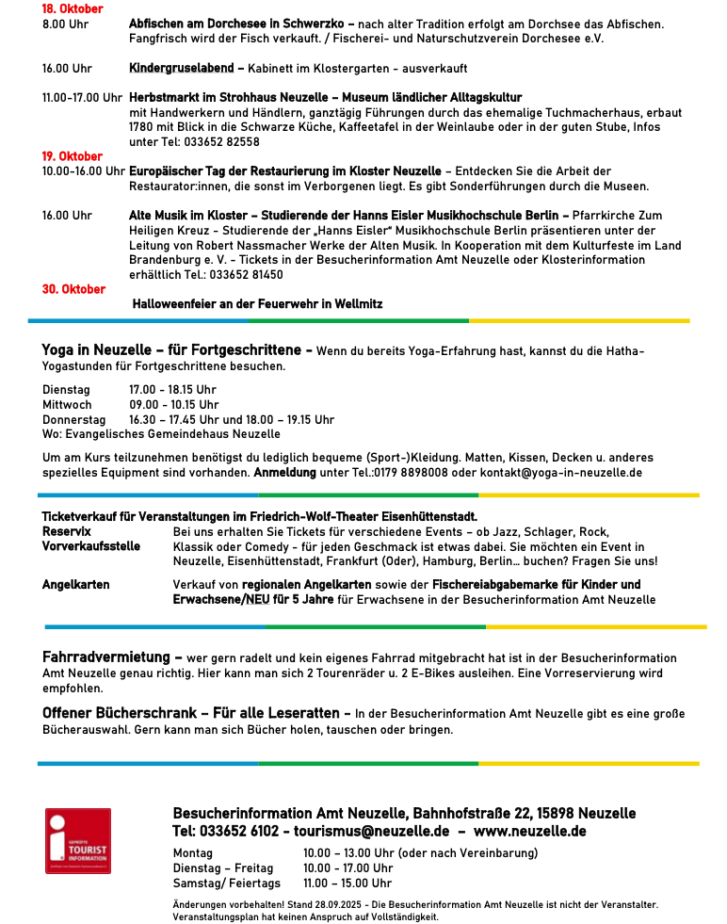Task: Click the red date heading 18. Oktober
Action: click(x=73, y=8)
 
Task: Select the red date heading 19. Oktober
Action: click(x=73, y=156)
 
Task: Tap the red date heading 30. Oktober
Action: click(x=73, y=289)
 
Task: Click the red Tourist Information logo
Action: click(x=78, y=840)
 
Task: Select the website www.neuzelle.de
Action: click(x=529, y=831)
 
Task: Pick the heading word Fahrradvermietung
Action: click(x=106, y=657)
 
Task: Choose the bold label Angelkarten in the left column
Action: click(x=75, y=585)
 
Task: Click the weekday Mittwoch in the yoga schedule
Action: click(x=67, y=405)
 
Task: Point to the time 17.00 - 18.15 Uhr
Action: click(x=172, y=390)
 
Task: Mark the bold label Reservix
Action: click(x=67, y=532)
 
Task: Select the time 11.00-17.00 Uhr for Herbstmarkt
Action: click(x=82, y=98)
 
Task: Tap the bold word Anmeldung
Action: click(x=285, y=472)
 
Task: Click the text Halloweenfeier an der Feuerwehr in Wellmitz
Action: click(x=257, y=304)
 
